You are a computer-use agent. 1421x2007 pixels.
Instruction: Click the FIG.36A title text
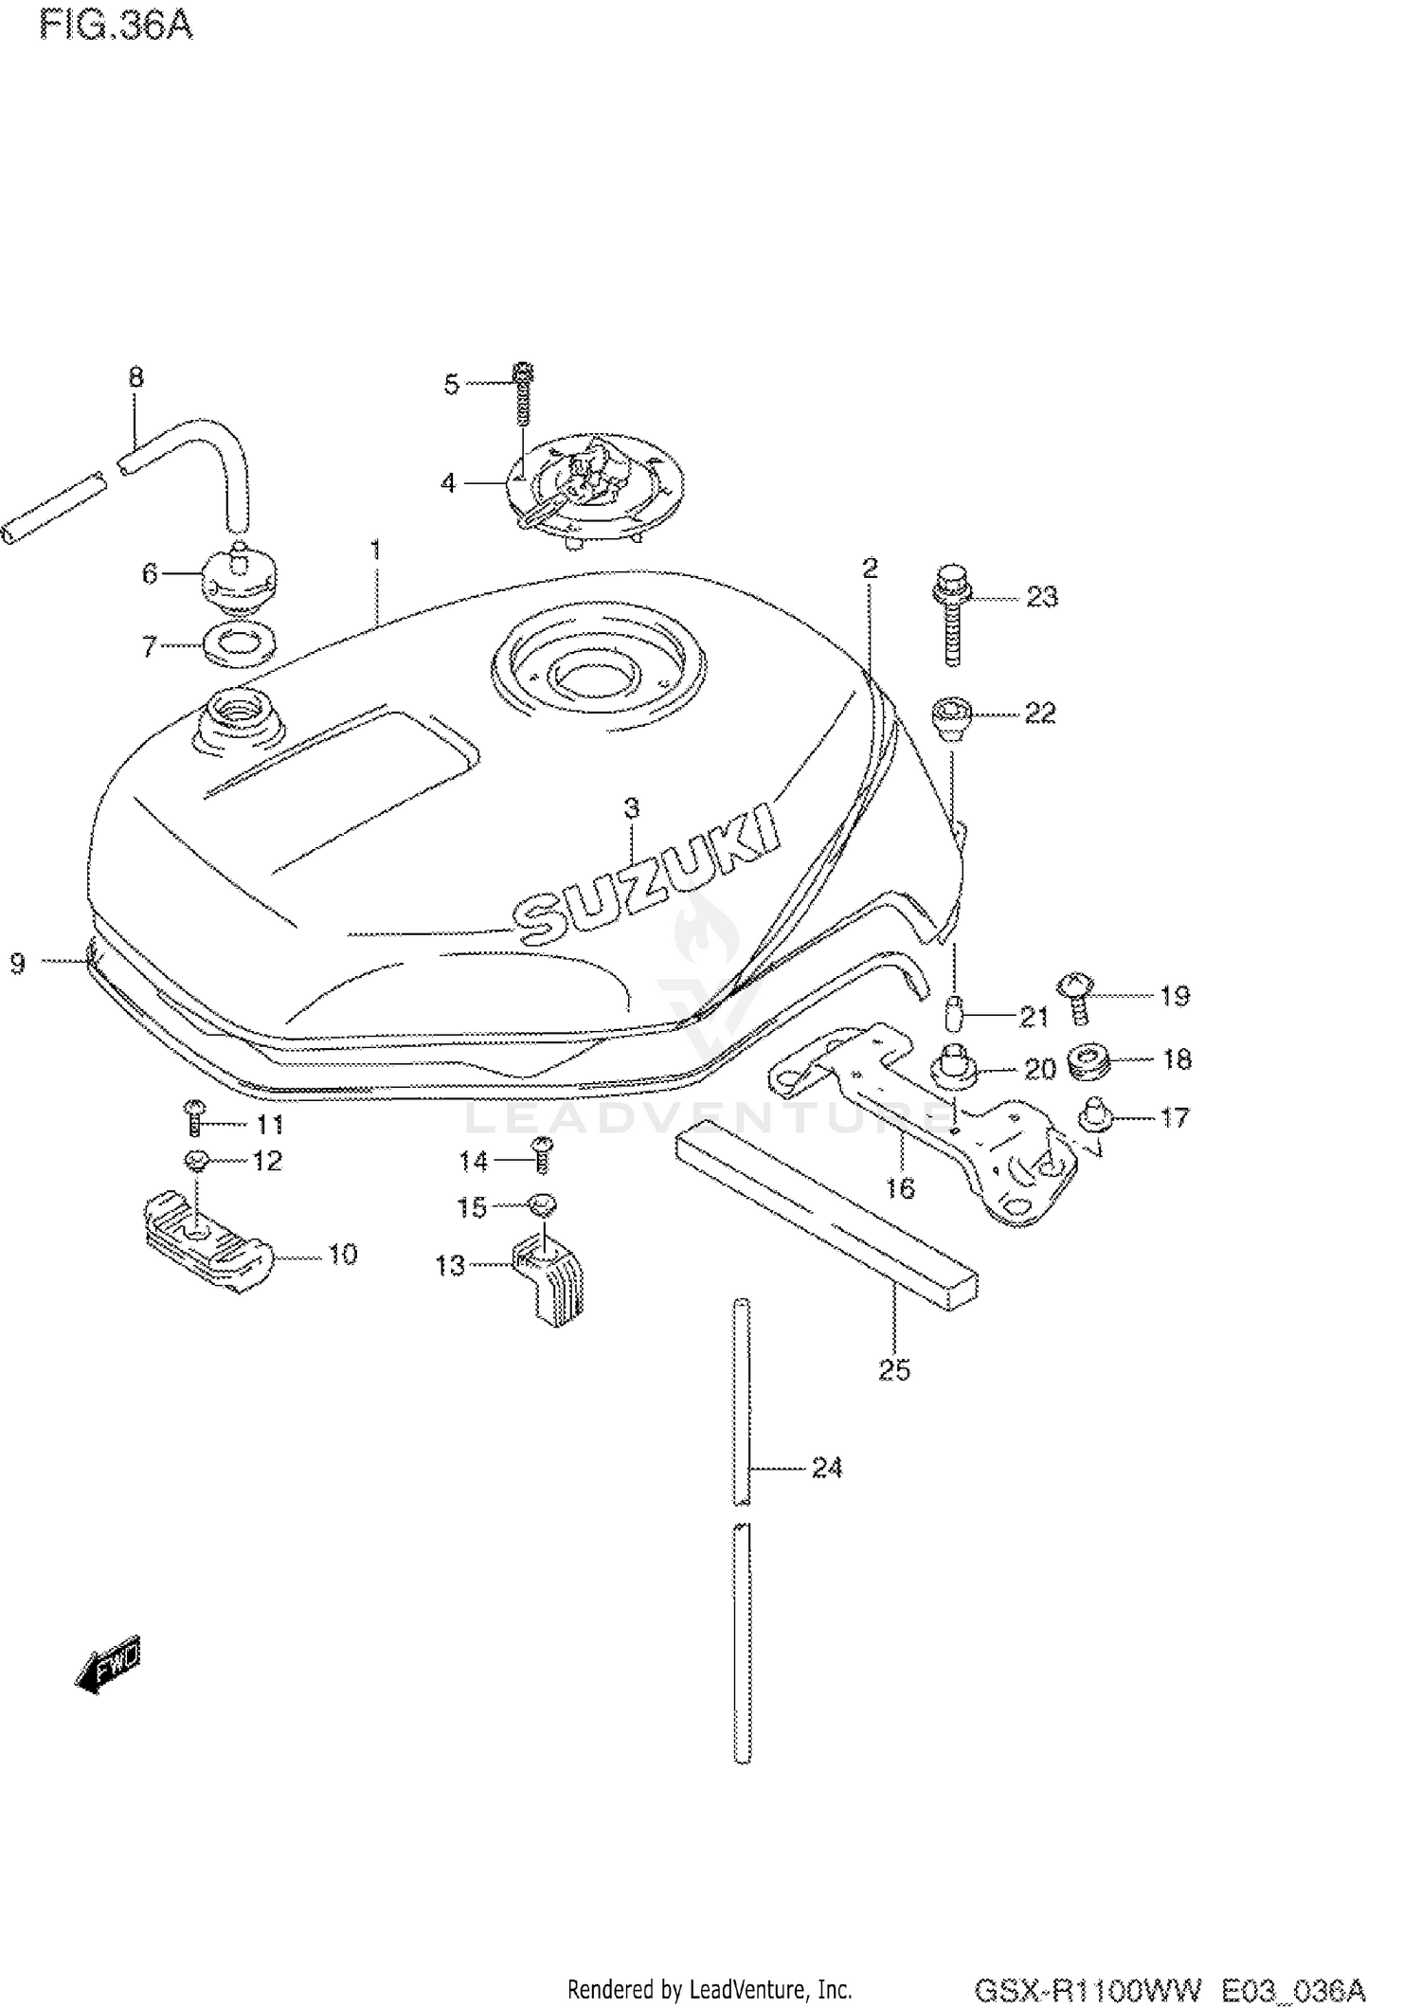pos(116,25)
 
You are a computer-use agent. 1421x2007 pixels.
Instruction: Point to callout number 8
pos(135,377)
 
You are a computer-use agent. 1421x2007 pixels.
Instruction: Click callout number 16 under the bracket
pos(900,1186)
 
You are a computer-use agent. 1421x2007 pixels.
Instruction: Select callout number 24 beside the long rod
pos(826,1467)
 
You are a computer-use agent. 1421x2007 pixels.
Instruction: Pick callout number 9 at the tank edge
pos(18,964)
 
